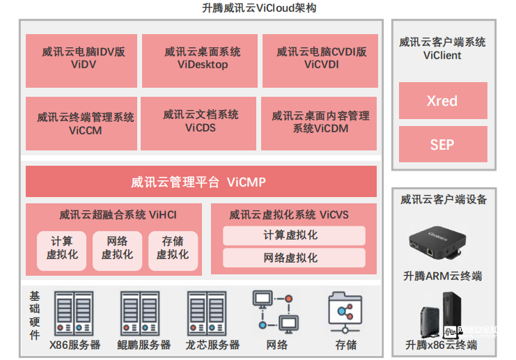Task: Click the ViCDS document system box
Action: [x=200, y=122]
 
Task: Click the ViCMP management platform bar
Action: [x=201, y=182]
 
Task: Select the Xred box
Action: [x=442, y=102]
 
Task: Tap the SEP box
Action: [x=442, y=144]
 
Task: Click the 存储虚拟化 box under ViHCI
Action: [x=173, y=249]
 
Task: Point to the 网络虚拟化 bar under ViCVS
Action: [x=294, y=258]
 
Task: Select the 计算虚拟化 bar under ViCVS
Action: [x=294, y=235]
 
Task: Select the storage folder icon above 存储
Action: [x=345, y=311]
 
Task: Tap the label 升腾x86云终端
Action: [x=441, y=345]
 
